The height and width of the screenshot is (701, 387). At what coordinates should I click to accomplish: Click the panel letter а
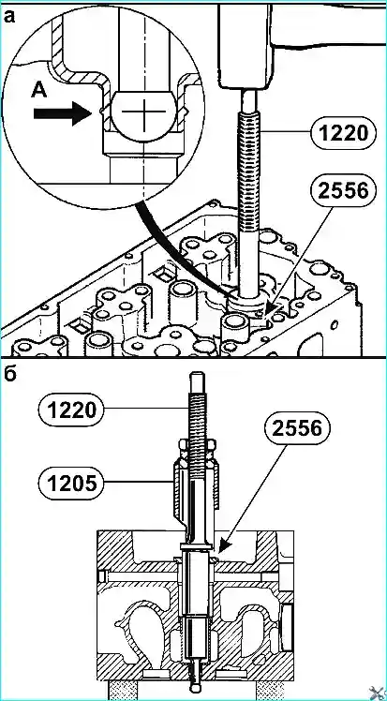point(10,17)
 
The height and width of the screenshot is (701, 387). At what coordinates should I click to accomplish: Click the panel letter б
point(10,374)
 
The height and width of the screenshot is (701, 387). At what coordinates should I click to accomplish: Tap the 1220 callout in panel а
point(342,131)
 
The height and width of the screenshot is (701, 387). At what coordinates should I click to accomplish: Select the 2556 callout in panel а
point(342,191)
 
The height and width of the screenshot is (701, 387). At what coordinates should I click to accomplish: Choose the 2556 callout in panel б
point(298,428)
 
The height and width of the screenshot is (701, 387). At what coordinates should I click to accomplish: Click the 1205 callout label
point(70,483)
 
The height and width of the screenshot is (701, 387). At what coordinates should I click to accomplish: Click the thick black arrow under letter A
point(62,113)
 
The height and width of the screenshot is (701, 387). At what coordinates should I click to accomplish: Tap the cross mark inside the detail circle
point(144,111)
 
